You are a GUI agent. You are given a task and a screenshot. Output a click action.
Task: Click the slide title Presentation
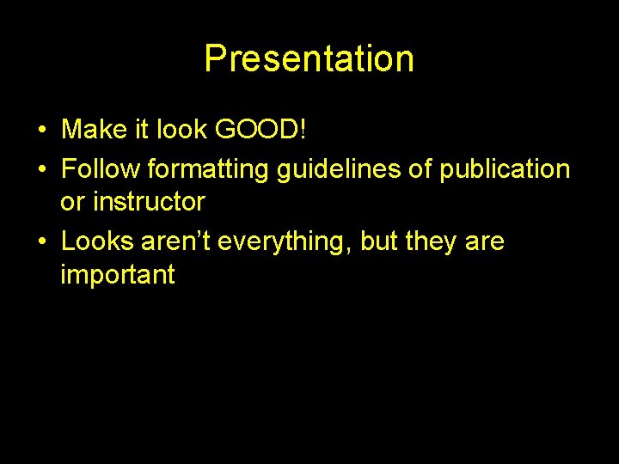point(309,58)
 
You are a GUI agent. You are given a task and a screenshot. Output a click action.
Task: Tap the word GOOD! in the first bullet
point(260,130)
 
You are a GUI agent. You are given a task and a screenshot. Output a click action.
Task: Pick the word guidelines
point(340,169)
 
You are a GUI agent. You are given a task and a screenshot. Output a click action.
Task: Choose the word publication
point(505,169)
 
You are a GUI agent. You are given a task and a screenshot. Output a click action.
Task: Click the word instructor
point(150,203)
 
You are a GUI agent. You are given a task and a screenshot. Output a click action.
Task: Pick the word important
point(118,275)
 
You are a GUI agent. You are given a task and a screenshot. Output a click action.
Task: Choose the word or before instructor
point(72,203)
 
